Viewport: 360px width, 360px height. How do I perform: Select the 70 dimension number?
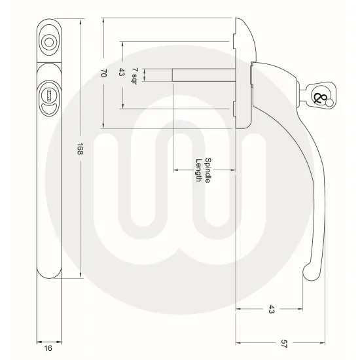[x=103, y=73]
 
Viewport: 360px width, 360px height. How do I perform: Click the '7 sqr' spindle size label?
[x=135, y=73]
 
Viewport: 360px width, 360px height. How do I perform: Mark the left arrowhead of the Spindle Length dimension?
[x=174, y=170]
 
